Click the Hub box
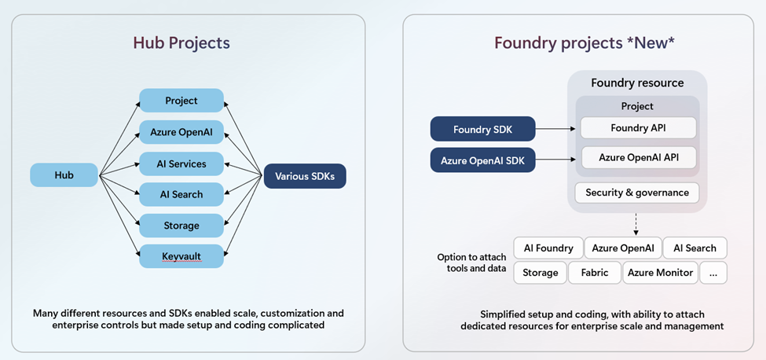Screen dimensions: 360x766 click(64, 175)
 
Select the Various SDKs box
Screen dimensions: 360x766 click(305, 176)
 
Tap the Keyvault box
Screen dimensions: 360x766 click(181, 256)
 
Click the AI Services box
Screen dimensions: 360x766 click(181, 163)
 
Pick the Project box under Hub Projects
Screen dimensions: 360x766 click(181, 101)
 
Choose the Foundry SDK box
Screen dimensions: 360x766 click(482, 129)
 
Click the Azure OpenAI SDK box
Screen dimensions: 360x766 click(482, 160)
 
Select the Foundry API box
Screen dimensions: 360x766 click(638, 127)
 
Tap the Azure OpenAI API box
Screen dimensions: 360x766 click(638, 157)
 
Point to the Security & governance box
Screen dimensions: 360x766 click(637, 193)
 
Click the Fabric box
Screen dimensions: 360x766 click(595, 273)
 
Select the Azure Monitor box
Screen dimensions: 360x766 click(662, 273)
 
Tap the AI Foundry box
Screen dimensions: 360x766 click(548, 248)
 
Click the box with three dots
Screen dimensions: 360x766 click(713, 273)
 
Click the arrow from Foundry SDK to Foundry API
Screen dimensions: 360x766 click(556, 128)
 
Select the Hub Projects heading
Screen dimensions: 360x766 click(181, 43)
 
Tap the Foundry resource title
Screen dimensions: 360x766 click(637, 83)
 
